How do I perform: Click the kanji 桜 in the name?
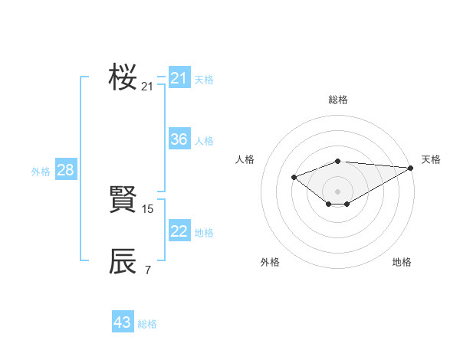123,78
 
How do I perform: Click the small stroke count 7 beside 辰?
147,270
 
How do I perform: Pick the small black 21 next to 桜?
147,87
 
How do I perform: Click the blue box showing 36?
179,139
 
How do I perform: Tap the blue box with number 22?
179,231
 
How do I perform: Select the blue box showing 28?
65,170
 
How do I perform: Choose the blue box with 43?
122,322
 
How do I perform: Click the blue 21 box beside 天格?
179,78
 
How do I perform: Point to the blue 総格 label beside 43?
147,324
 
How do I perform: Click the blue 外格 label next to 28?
41,172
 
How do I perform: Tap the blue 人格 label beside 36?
205,141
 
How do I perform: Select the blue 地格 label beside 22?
205,233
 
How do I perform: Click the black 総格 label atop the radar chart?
337,100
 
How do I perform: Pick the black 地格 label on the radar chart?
402,263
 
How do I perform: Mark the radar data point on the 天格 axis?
411,168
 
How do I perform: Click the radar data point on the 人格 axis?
294,177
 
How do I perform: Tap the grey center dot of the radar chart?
337,191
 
